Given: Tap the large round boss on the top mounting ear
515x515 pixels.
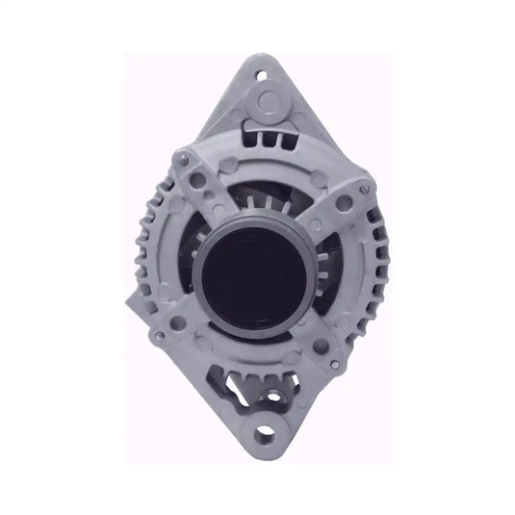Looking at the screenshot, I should click(x=270, y=101).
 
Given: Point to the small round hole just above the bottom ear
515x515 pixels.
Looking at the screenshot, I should click(x=281, y=397).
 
